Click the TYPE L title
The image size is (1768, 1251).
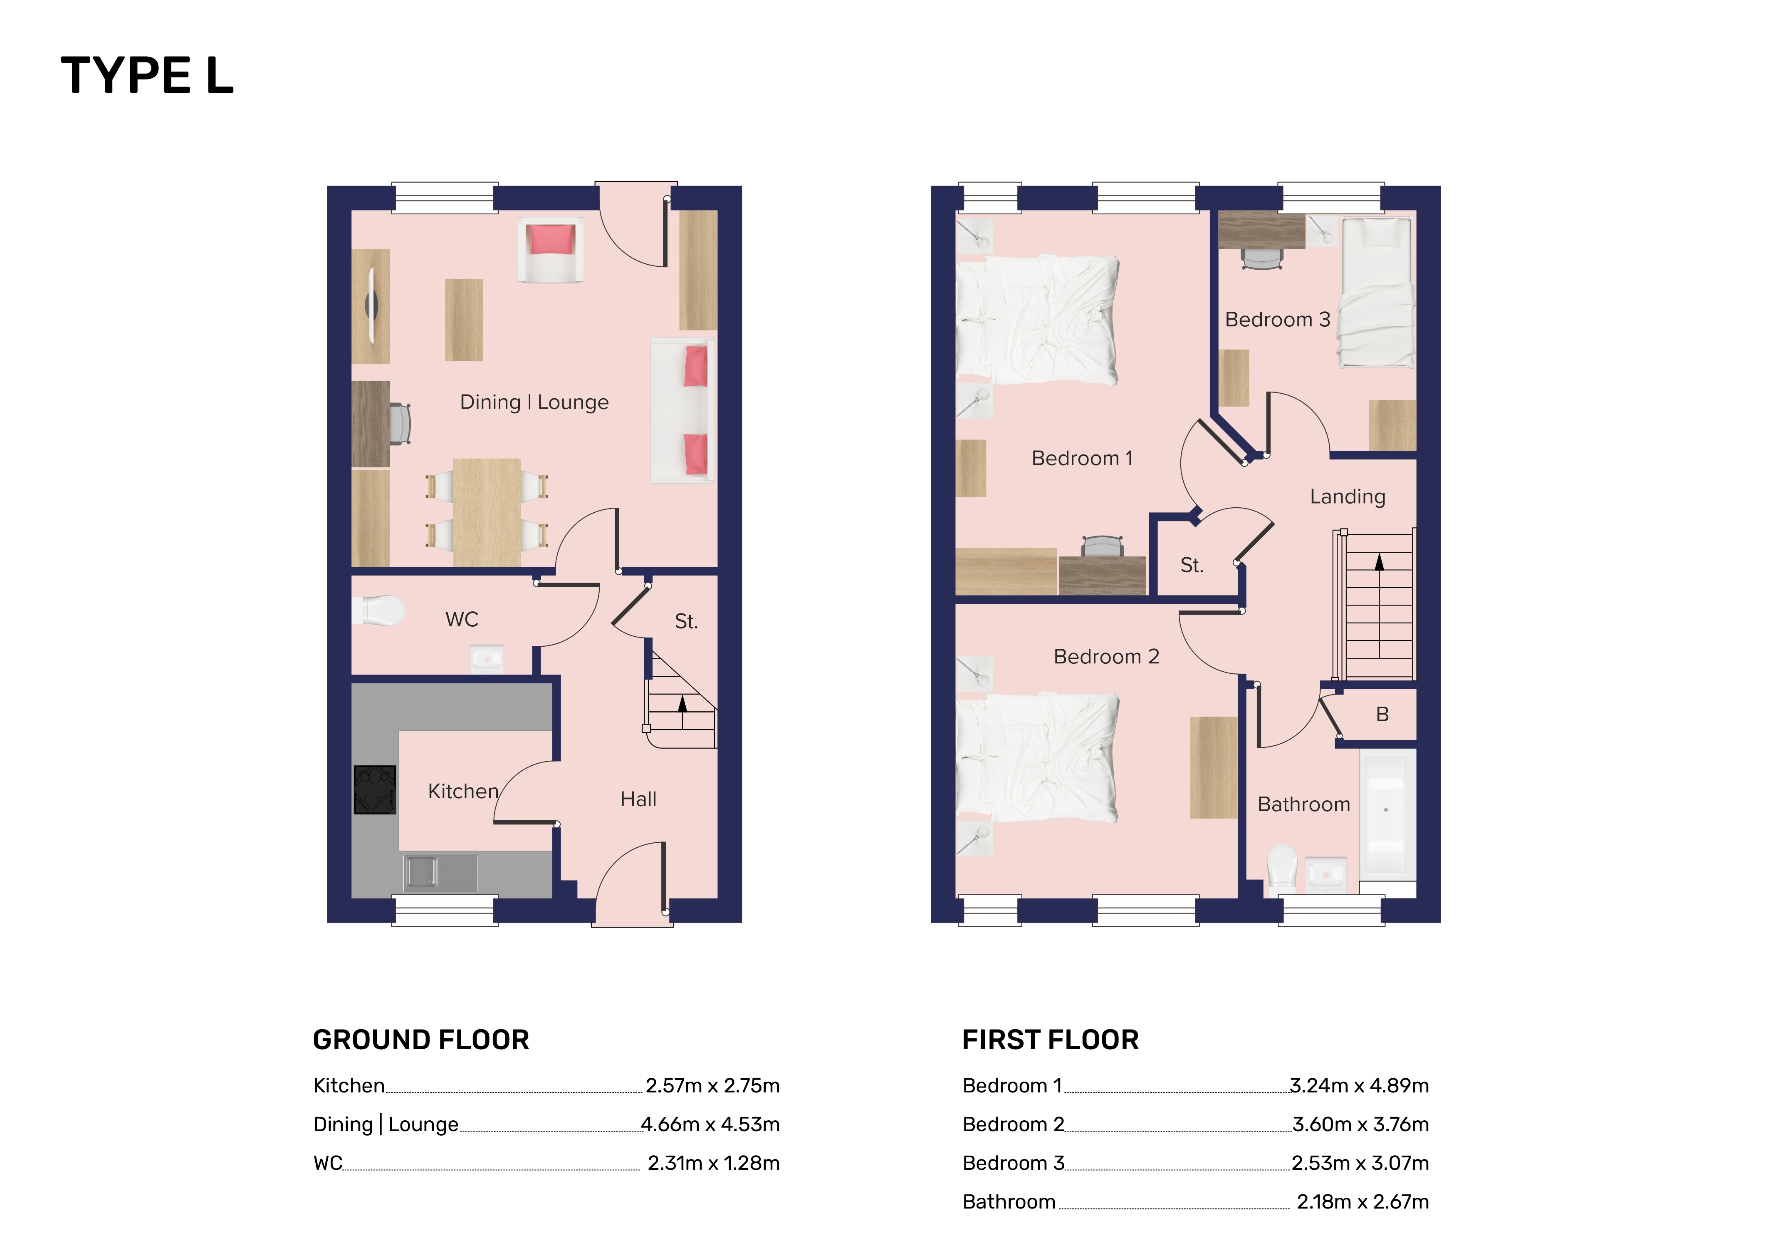coord(147,76)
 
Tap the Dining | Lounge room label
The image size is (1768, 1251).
coord(534,402)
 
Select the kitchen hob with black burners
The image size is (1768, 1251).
coord(375,789)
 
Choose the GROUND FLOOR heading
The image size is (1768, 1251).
coord(421,1040)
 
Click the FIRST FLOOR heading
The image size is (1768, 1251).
coord(1050,1040)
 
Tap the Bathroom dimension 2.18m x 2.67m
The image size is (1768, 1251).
coord(1363,1202)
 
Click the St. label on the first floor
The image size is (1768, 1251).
coord(1191,566)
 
